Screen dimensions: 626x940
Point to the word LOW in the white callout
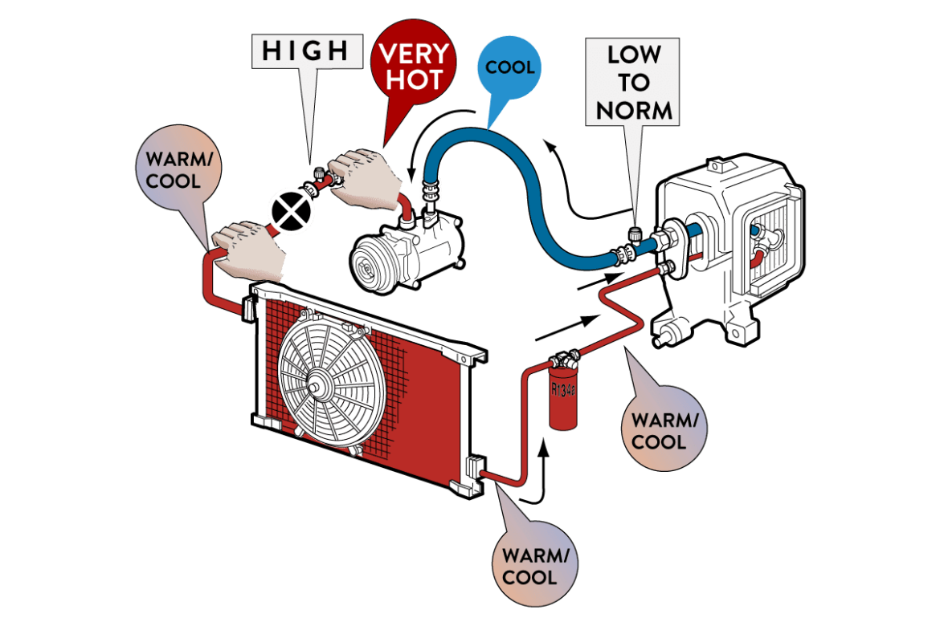coord(634,55)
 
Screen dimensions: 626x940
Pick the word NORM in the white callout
coord(634,109)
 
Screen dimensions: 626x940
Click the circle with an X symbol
coord(290,209)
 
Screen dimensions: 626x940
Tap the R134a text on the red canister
coord(562,391)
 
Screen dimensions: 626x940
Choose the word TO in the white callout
coord(634,82)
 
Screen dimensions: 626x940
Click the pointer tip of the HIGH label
coord(310,159)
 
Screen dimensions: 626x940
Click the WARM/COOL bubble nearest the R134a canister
coord(659,431)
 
